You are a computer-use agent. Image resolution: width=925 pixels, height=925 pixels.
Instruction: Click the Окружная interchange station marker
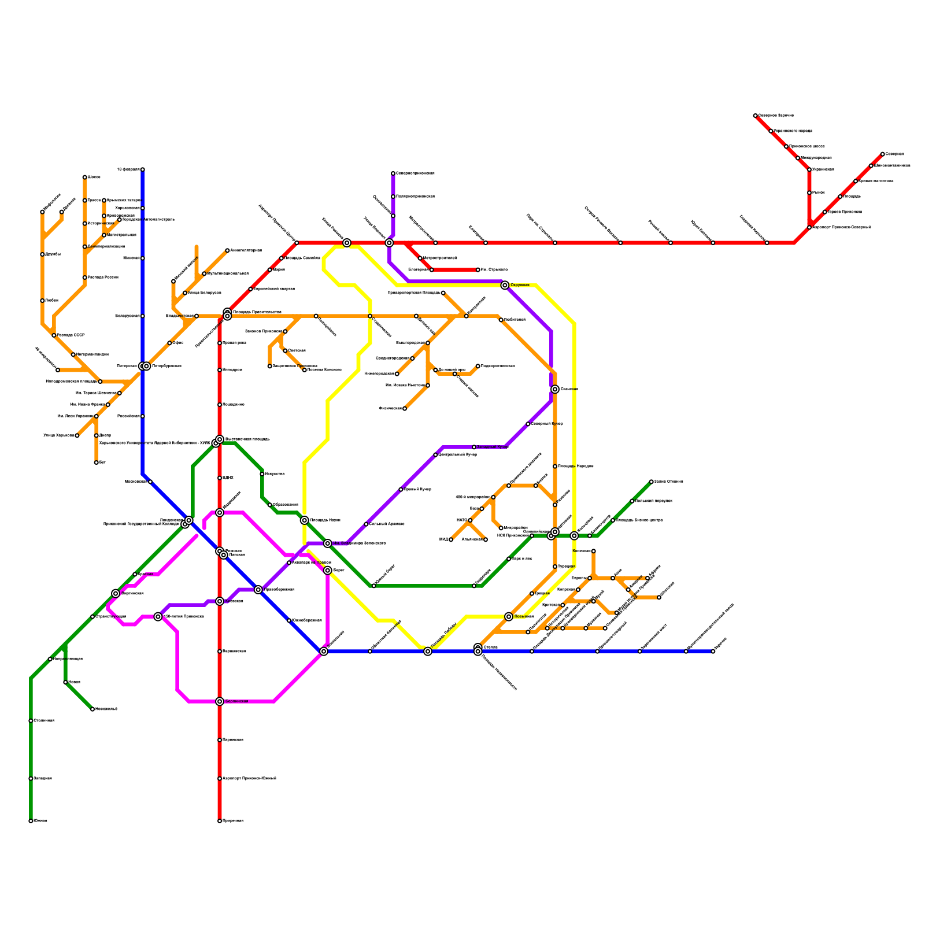pos(505,285)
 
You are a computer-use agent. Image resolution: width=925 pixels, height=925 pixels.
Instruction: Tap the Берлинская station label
pos(236,701)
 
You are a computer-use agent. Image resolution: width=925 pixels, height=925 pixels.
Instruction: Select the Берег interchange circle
pos(328,571)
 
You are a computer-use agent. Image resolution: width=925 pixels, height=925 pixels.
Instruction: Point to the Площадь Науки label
pos(325,520)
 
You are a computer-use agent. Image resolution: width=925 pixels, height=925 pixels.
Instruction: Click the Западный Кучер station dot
pos(474,447)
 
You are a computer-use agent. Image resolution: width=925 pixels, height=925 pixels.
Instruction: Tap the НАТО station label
pos(461,520)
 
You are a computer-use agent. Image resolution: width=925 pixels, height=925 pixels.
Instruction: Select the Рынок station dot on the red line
pos(809,193)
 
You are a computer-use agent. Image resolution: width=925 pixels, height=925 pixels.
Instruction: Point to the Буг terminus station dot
pos(96,462)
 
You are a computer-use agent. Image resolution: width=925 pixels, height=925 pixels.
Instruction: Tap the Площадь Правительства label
pos(257,312)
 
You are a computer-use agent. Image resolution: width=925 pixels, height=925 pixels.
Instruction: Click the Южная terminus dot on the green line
pos(31,821)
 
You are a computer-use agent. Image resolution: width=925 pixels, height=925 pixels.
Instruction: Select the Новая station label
pos(74,682)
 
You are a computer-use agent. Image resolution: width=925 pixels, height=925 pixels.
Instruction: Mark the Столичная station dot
pos(31,721)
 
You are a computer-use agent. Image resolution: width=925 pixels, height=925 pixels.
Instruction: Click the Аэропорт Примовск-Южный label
pos(249,779)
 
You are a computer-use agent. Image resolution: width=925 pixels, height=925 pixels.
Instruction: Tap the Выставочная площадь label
pos(247,439)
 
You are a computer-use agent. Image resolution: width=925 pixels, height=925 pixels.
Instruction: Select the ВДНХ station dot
pos(220,478)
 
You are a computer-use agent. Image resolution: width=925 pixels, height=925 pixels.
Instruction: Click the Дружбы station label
pos(53,254)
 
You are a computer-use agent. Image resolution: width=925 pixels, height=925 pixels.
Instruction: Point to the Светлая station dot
pos(285,351)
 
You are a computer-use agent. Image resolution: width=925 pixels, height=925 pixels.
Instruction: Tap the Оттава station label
pos(490,647)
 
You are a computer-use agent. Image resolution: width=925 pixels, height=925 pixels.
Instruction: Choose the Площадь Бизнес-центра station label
pos(639,520)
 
